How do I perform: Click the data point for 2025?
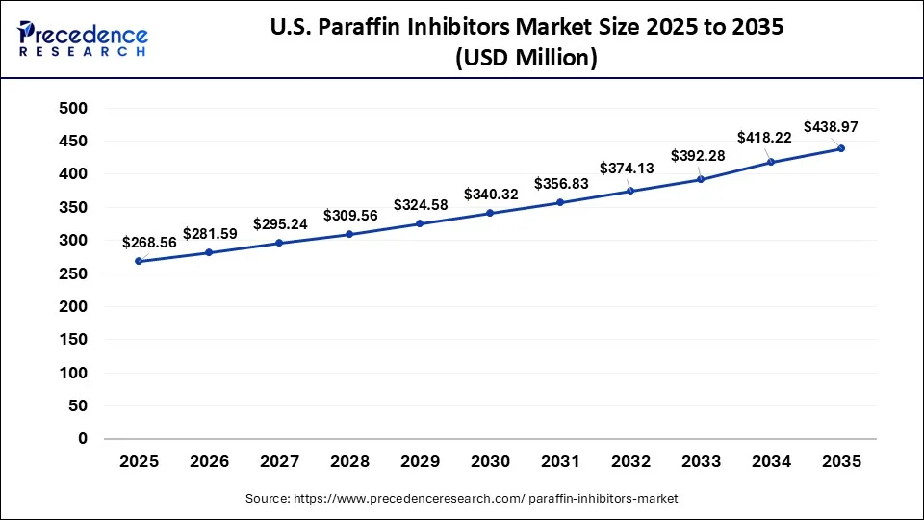point(139,261)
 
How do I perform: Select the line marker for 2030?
point(490,213)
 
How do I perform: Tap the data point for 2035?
point(841,148)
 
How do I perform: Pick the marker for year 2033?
point(701,179)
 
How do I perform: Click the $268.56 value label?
point(149,243)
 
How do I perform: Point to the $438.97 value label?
point(832,127)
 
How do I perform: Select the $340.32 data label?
point(491,195)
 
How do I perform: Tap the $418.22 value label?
point(764,138)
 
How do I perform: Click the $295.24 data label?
point(280,223)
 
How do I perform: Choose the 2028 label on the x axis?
point(349,462)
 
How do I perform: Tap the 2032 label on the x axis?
point(630,462)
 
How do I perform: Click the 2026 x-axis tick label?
point(209,462)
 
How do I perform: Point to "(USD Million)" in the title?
point(526,59)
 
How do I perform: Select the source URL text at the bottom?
point(461,499)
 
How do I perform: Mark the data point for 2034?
point(771,162)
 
